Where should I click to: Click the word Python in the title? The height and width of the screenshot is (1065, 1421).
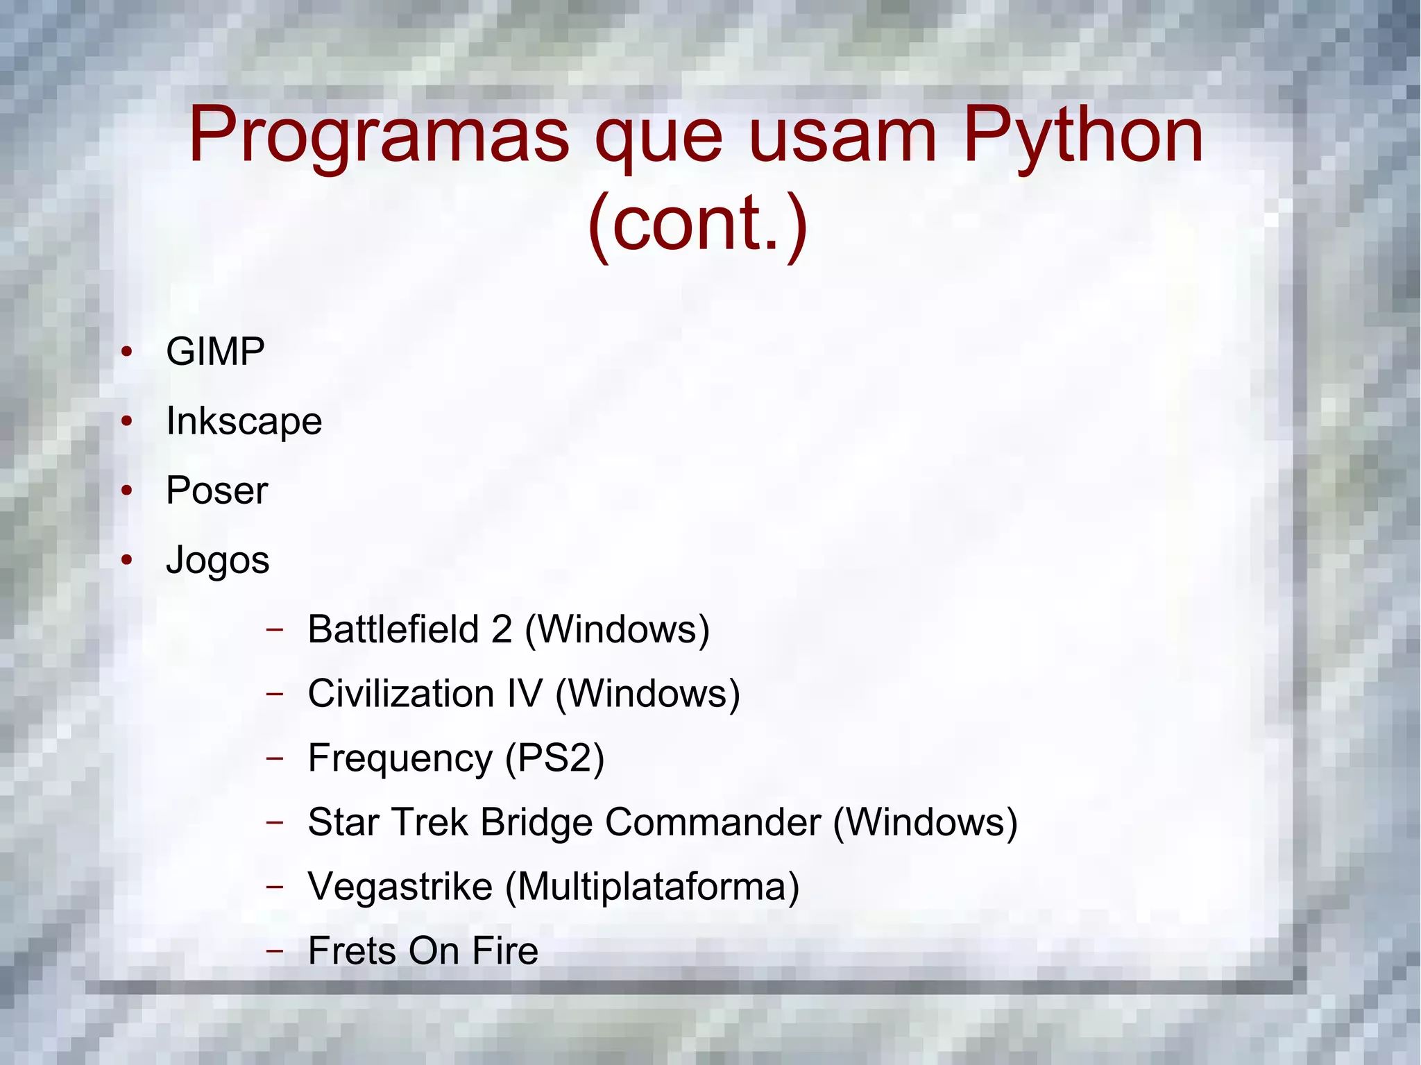coord(1082,137)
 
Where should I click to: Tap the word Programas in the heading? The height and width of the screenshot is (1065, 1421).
coord(379,137)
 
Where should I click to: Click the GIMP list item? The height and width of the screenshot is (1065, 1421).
coord(215,351)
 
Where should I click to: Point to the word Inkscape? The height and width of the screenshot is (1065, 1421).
coord(244,421)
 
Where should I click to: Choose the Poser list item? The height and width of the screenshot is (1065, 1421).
coord(216,491)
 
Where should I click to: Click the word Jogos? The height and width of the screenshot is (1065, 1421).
coord(217,561)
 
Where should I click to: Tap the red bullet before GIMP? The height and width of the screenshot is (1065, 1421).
coord(126,352)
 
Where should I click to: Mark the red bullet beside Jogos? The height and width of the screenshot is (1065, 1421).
coord(126,560)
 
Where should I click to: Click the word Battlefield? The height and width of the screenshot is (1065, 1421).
coord(393,629)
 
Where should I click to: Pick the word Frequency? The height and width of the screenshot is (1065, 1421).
coord(400,758)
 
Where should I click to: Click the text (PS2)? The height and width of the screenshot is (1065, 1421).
coord(555,758)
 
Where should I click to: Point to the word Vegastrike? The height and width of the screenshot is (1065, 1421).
coord(400,887)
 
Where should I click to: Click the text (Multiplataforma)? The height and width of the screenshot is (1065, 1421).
coord(652,887)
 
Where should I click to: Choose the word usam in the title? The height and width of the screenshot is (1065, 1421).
coord(843,137)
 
